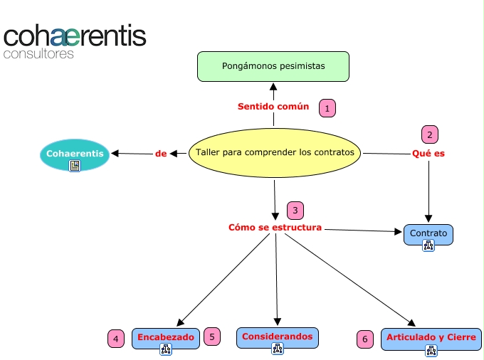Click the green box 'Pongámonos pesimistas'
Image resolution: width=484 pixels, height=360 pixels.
(x=273, y=65)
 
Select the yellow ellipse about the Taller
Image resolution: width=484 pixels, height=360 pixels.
(x=275, y=152)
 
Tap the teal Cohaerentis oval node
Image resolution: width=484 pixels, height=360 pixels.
(x=75, y=154)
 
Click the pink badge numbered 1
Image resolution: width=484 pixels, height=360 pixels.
(x=327, y=108)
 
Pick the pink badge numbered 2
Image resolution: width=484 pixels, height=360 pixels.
(x=428, y=134)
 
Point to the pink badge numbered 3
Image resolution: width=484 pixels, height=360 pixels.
(x=295, y=211)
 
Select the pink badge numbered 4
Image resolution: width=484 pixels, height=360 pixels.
(x=116, y=339)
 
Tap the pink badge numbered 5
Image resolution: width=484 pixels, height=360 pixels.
(x=212, y=337)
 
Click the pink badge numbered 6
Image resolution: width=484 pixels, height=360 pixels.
(x=365, y=339)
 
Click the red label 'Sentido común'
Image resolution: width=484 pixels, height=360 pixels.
(x=273, y=107)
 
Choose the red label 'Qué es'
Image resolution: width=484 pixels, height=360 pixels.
(x=428, y=153)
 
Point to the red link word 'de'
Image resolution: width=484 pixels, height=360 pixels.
(x=160, y=153)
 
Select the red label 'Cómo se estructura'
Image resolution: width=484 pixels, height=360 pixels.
(x=275, y=228)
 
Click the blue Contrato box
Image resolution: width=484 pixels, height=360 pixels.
(x=428, y=233)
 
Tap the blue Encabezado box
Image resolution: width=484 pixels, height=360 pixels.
(x=166, y=337)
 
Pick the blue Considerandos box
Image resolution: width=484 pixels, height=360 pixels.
(x=278, y=337)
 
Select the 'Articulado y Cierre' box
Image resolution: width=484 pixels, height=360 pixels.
(x=431, y=337)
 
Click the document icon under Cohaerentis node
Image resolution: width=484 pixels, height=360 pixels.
(x=75, y=166)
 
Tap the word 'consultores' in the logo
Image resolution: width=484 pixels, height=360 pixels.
(x=38, y=53)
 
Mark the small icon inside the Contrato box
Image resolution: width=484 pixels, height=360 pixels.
(x=428, y=245)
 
